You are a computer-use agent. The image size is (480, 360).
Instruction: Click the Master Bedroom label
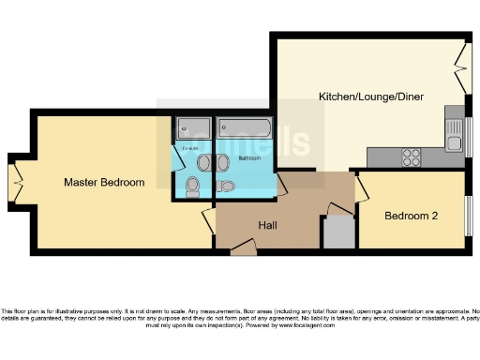coord(104,182)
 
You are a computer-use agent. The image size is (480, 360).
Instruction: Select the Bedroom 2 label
coord(413,216)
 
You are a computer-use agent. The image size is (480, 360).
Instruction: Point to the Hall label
coord(268,225)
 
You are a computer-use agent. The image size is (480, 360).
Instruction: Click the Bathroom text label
coord(249,158)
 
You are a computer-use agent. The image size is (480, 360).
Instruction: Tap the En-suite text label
coord(191,149)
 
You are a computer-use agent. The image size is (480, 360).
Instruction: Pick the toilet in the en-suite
coord(192,185)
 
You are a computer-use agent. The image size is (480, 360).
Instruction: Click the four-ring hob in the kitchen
coord(411,158)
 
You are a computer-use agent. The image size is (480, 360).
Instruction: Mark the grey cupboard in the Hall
coord(338,232)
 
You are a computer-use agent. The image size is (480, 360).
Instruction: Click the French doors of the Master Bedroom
coord(17,182)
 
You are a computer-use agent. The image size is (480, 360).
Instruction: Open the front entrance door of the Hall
coord(244,248)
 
